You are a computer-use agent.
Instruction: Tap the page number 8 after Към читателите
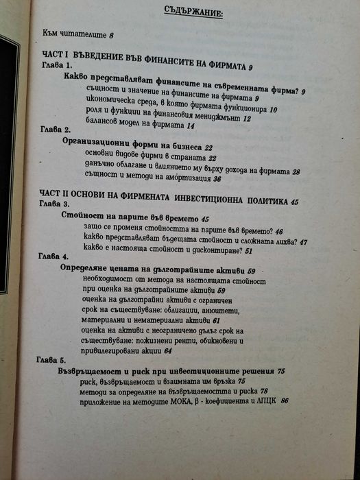tap(110, 34)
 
